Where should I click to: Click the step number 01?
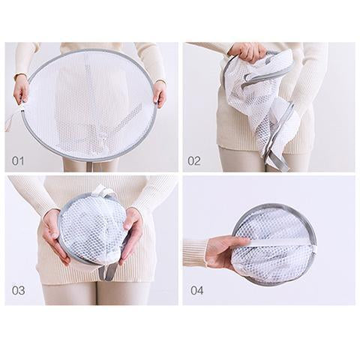(18, 161)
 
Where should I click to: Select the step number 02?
(194, 161)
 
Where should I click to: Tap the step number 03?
(19, 290)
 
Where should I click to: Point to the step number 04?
(197, 290)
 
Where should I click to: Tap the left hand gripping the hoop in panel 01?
(21, 88)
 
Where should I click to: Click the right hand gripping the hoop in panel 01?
(160, 93)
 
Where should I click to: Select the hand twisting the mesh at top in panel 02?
(247, 52)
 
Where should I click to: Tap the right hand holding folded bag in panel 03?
(131, 235)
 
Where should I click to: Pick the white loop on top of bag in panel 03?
(102, 191)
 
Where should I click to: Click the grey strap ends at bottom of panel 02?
(275, 160)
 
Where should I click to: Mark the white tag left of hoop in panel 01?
(10, 120)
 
